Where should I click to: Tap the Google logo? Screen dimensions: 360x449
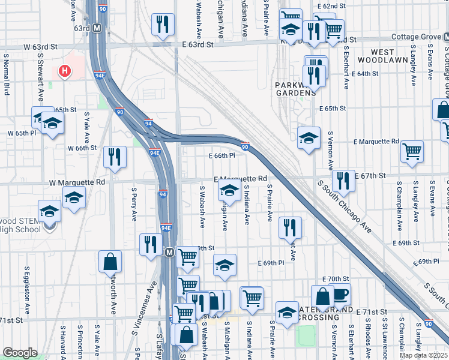[20, 353]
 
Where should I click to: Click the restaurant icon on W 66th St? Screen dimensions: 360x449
[115, 157]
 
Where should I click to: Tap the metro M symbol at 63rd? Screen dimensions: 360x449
[97, 28]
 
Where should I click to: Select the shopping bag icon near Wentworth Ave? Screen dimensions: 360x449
[110, 262]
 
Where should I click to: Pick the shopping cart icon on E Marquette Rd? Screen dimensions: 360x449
[412, 152]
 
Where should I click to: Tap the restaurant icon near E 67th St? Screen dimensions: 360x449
[343, 180]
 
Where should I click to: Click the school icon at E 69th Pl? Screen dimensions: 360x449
[224, 265]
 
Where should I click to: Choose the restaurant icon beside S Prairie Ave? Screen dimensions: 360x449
[290, 227]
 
